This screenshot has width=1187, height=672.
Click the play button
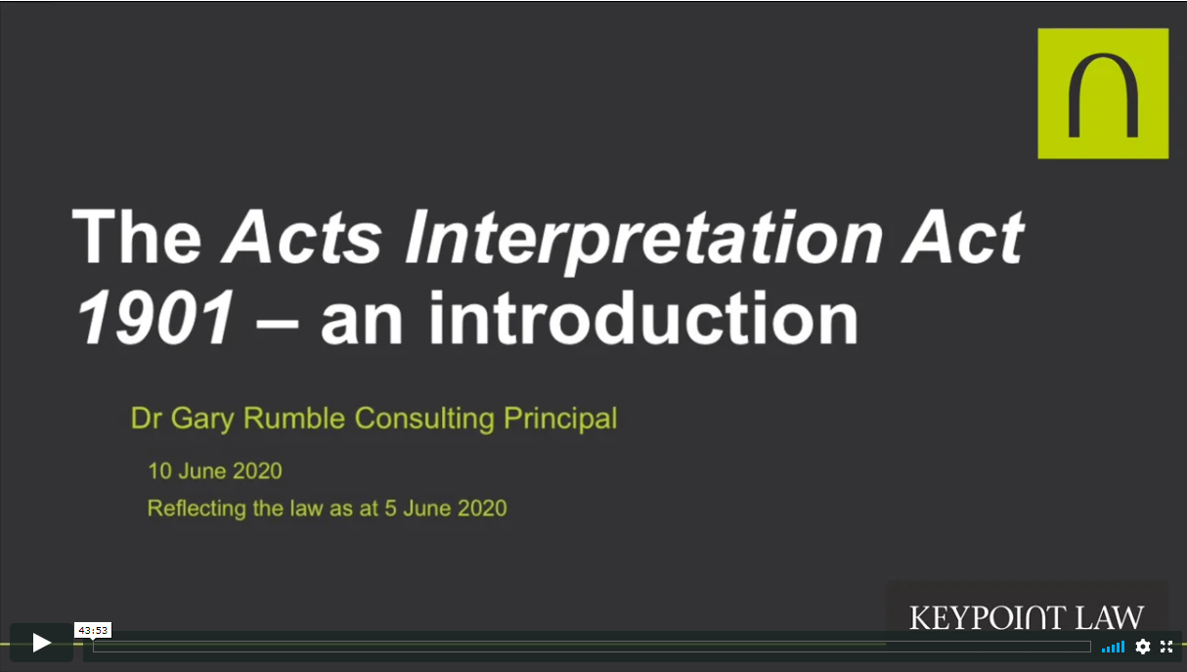click(41, 643)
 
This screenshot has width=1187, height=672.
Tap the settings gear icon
click(1143, 647)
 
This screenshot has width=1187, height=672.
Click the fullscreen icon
click(1166, 647)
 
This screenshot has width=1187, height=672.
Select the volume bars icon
click(1113, 648)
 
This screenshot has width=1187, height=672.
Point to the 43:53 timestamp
click(93, 630)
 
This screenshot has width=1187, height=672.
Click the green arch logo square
click(1103, 93)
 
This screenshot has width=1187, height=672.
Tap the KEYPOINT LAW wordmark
click(1027, 617)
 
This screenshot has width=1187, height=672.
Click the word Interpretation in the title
click(642, 239)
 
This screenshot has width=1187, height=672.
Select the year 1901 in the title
click(155, 318)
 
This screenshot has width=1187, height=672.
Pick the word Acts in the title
click(302, 236)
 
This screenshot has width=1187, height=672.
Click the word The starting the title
click(137, 236)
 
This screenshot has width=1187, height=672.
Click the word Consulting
click(424, 419)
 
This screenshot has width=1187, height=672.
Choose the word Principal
click(560, 419)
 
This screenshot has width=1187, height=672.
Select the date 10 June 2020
click(215, 471)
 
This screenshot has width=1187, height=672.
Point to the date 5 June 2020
click(446, 509)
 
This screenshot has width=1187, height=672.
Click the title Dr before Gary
click(147, 418)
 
